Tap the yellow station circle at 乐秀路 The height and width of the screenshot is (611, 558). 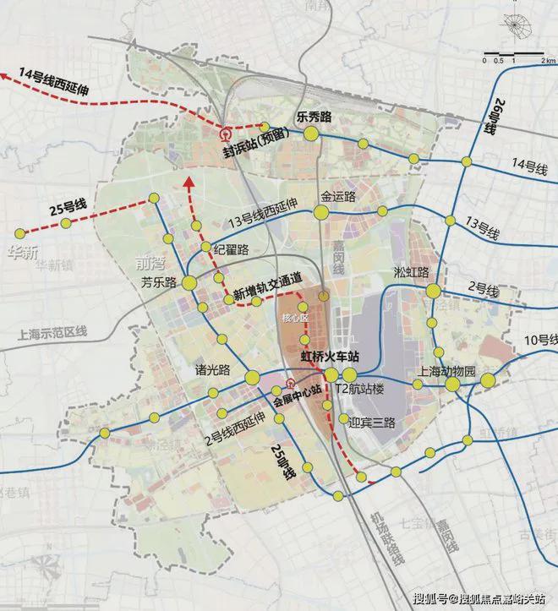(311, 133)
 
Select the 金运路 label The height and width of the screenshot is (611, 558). (337, 196)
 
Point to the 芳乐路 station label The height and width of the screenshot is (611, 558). (156, 283)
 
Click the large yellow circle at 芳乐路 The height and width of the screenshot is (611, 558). (189, 284)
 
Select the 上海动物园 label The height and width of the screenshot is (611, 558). (448, 370)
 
